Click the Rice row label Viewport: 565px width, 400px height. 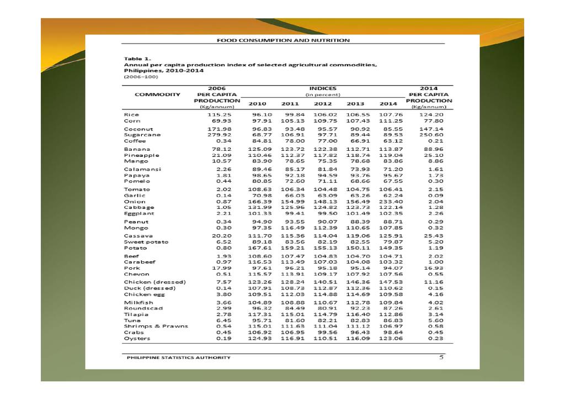coord(131,114)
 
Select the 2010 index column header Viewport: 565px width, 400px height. coord(258,103)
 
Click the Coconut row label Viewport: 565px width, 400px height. coord(138,129)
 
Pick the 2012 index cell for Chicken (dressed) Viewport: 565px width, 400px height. coord(324,282)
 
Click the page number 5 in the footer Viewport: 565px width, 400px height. coord(441,357)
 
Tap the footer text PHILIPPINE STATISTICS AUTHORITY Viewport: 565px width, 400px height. coord(178,357)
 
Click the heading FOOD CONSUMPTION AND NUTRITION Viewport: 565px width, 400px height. coord(282,40)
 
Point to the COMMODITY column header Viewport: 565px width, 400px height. coord(157,94)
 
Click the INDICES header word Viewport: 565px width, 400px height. coord(323,88)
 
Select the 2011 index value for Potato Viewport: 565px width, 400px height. coord(292,248)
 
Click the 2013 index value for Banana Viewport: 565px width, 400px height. coord(357,149)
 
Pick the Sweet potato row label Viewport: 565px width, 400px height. coord(146,241)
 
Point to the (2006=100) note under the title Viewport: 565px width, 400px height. coord(137,77)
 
